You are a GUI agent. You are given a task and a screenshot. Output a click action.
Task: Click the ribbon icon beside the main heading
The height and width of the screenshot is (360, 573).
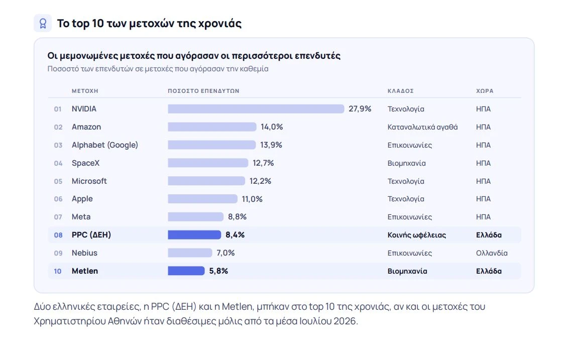43,24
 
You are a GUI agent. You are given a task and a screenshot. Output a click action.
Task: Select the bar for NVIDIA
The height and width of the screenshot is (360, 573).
256,109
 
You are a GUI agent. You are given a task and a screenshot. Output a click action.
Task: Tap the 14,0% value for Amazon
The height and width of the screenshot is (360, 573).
272,127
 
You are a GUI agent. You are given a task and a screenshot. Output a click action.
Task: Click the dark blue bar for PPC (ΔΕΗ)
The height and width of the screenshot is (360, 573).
194,234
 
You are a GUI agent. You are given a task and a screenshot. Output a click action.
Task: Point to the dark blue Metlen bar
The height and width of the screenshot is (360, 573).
186,271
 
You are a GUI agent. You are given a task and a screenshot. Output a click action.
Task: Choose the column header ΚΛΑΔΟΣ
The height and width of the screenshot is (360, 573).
401,91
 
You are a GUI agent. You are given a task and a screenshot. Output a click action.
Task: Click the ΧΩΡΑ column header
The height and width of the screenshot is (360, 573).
485,91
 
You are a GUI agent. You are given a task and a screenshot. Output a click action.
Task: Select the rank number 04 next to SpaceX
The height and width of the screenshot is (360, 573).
58,163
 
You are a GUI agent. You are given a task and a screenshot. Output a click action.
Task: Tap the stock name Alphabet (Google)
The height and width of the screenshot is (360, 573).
105,145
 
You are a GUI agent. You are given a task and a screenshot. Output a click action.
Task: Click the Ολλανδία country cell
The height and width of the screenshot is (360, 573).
492,253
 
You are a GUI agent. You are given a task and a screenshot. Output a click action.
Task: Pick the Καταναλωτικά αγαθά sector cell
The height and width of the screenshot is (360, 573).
422,127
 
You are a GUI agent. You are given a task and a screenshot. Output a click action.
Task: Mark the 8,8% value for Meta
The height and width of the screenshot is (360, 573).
237,217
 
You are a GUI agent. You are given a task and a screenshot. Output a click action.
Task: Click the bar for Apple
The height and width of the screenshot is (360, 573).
202,199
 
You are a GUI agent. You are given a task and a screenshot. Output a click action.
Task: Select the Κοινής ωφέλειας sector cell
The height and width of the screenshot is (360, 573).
417,235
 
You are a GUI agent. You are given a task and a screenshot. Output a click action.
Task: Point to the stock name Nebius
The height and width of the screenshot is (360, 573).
84,253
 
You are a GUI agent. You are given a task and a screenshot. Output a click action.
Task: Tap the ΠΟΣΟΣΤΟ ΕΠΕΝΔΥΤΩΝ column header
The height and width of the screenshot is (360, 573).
203,91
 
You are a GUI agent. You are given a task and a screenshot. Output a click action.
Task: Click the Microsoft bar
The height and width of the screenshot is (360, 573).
206,181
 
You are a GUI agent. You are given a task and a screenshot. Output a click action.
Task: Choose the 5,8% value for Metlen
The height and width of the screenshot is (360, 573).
218,271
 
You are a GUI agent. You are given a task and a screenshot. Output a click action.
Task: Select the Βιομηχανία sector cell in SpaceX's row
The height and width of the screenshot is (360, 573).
406,163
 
